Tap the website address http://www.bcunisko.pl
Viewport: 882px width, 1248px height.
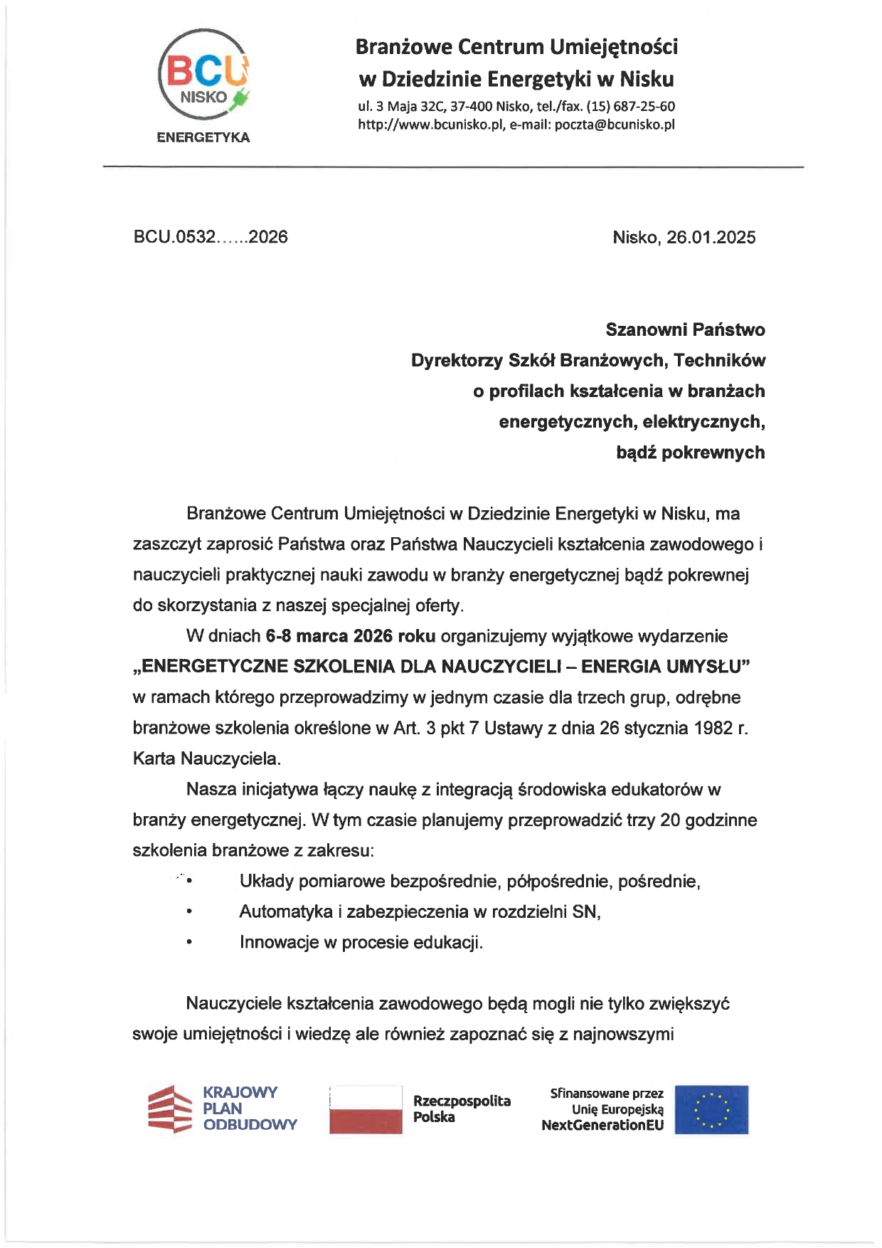click(431, 125)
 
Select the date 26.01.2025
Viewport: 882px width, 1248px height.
click(711, 238)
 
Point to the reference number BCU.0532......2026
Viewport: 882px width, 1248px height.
click(211, 237)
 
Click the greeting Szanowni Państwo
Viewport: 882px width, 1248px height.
click(685, 330)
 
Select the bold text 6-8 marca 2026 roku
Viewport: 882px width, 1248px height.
click(350, 636)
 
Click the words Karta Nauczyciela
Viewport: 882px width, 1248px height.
click(206, 758)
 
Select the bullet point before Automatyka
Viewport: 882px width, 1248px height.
click(189, 912)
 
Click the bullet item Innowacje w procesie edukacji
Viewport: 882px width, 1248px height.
click(361, 943)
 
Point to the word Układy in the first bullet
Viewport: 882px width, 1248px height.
click(266, 882)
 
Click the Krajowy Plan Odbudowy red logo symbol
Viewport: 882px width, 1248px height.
click(170, 1109)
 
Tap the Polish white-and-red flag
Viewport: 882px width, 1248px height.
click(366, 1109)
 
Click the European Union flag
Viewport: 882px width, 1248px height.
click(711, 1109)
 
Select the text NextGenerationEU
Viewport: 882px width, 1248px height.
click(602, 1125)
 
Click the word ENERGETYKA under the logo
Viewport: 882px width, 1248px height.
click(203, 138)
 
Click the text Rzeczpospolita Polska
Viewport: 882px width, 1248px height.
click(462, 1109)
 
